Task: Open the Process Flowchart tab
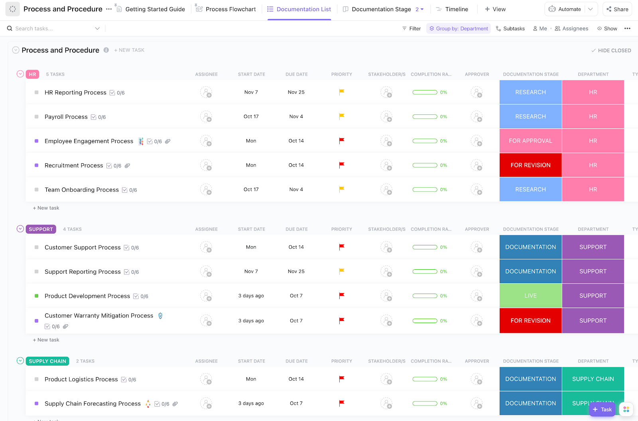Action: click(230, 9)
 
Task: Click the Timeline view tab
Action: click(456, 9)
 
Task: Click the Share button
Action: click(617, 9)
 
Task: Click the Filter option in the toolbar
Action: click(412, 29)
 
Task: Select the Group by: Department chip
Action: click(459, 29)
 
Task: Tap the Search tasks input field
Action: click(52, 29)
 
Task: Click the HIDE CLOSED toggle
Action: click(611, 51)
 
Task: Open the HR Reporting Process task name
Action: click(75, 92)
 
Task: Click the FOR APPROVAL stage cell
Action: click(530, 141)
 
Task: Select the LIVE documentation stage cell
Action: click(530, 296)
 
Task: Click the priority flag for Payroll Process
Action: click(342, 116)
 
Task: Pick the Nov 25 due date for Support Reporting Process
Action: click(296, 272)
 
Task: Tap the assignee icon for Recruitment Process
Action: click(206, 165)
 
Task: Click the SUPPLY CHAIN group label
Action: click(47, 361)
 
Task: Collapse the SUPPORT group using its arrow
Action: click(20, 229)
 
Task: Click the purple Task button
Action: click(602, 409)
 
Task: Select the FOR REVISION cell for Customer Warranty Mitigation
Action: click(530, 321)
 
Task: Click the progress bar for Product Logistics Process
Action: click(425, 379)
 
